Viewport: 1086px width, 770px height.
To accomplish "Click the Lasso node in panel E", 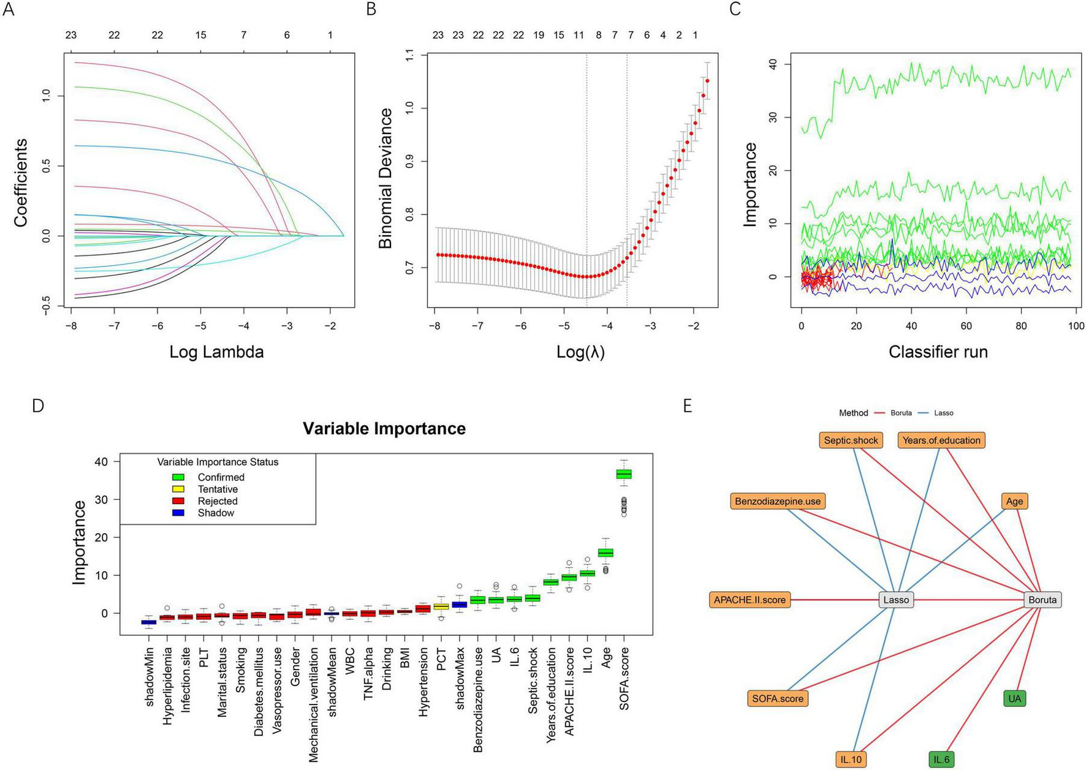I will (x=896, y=600).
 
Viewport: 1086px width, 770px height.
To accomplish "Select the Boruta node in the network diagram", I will (x=1042, y=600).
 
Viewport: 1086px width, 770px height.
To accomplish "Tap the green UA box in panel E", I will (x=1015, y=698).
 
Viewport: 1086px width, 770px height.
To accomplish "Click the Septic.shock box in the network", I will (x=851, y=440).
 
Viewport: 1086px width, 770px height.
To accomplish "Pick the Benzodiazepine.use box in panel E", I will (x=778, y=501).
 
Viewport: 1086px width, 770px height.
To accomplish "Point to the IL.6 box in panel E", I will (x=941, y=760).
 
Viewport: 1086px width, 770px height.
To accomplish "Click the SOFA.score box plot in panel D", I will (x=624, y=474).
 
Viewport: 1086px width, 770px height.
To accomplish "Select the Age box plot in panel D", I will (x=606, y=553).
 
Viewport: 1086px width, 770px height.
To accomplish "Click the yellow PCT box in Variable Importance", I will (x=441, y=606).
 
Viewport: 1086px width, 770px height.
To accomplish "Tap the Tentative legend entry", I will (x=218, y=489).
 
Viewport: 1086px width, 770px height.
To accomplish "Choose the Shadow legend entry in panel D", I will (x=216, y=513).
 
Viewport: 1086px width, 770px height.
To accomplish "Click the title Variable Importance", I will (x=384, y=428).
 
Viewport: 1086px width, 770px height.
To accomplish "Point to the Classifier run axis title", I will (x=938, y=352).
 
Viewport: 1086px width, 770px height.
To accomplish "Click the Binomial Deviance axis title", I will (x=385, y=178).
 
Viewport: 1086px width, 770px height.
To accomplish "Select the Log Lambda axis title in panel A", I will (x=216, y=352).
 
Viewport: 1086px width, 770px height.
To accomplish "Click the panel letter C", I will (x=736, y=9).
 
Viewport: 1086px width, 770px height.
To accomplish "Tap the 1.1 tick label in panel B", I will (x=410, y=55).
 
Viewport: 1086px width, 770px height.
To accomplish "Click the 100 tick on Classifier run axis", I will (x=1076, y=326).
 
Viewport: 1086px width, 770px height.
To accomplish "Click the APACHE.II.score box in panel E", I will (x=750, y=600).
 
